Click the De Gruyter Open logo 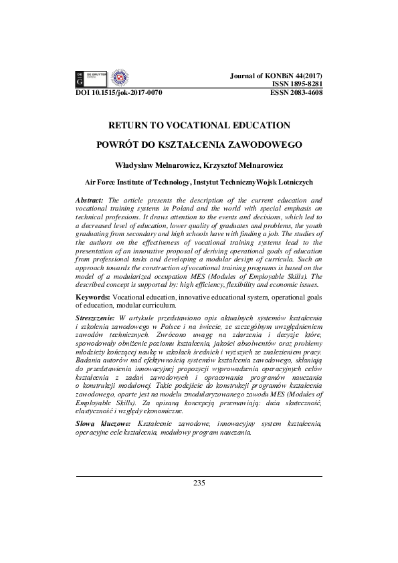[x=90, y=79]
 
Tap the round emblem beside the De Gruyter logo [x=118, y=78]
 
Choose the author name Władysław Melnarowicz [x=160, y=163]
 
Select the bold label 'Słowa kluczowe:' [x=103, y=425]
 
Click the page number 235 [x=199, y=483]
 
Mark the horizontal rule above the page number [x=199, y=476]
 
